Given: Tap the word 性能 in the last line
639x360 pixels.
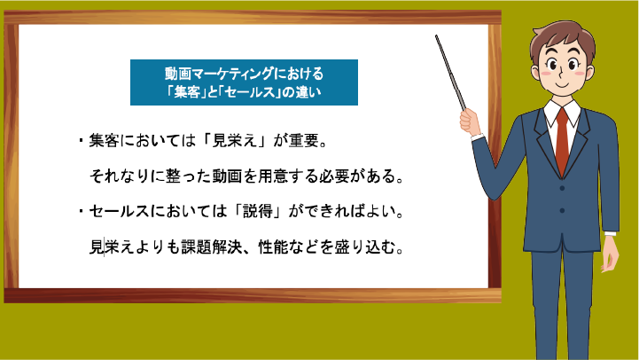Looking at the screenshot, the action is tap(274, 247).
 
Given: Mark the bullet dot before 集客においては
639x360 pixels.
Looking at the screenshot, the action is tap(82, 141).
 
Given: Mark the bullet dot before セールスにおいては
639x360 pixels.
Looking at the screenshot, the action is tap(82, 211).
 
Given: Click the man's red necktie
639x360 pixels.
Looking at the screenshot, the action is tap(563, 141).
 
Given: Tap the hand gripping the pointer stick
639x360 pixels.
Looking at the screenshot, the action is tap(470, 121).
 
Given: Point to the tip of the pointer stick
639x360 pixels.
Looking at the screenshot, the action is tap(436, 35).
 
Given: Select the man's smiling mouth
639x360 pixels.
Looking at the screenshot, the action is tap(563, 85).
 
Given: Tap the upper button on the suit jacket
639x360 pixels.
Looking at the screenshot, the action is tap(562, 188).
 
